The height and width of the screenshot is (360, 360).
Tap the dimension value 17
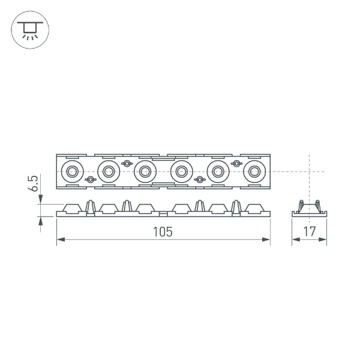309,232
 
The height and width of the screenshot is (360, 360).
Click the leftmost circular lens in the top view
71,172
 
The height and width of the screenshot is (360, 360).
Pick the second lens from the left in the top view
108,172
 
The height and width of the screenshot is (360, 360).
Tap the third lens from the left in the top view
144,172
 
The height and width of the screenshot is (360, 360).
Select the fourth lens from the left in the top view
181,172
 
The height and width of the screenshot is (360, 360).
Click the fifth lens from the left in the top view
217,172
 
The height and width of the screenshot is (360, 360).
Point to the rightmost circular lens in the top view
254,172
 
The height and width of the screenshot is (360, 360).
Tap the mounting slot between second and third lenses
126,163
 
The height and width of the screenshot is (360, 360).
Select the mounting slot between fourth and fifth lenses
199,179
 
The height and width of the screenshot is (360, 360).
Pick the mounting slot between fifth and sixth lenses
235,163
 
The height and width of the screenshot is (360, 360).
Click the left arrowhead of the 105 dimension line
60,241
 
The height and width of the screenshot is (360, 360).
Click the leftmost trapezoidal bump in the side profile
71,208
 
